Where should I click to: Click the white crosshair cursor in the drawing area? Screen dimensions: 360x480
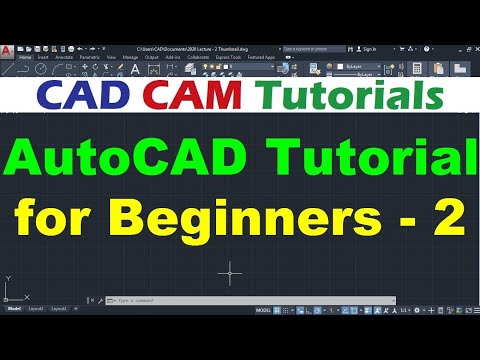coord(231,271)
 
